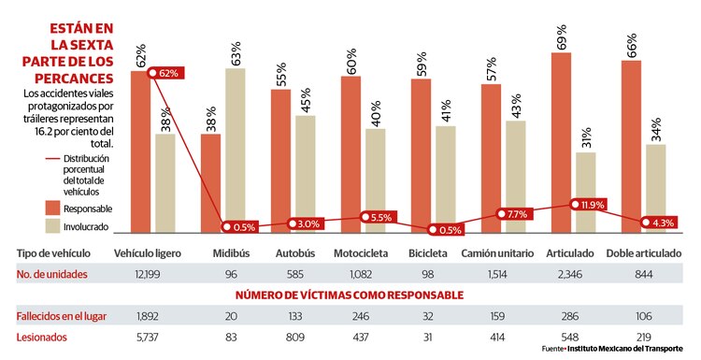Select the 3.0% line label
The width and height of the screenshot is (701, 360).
coord(308,223)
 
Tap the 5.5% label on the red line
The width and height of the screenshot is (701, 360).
coord(379,217)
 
